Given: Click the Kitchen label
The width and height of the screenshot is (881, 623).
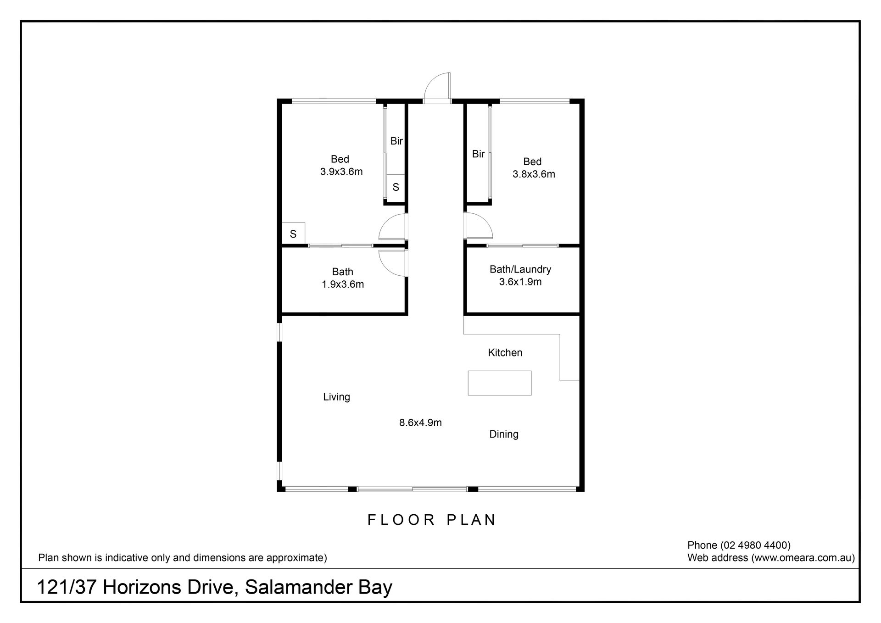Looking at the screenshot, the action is pyautogui.click(x=505, y=352).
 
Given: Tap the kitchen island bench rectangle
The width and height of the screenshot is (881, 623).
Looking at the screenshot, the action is pyautogui.click(x=499, y=383).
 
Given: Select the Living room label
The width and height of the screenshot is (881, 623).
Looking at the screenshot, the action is pyautogui.click(x=336, y=397).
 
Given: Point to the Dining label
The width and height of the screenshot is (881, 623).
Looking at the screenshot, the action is pyautogui.click(x=504, y=434).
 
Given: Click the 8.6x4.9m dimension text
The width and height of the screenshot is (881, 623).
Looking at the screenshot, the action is pyautogui.click(x=420, y=423).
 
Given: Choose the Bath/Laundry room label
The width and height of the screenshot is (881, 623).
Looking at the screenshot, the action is pyautogui.click(x=520, y=269).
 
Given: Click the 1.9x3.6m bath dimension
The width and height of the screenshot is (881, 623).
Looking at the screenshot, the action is pyautogui.click(x=343, y=284).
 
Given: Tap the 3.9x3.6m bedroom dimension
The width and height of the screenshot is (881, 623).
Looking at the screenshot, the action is pyautogui.click(x=341, y=172).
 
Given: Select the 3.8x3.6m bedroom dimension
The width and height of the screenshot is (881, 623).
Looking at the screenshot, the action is pyautogui.click(x=534, y=174).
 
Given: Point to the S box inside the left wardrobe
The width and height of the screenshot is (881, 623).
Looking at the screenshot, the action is pyautogui.click(x=396, y=187).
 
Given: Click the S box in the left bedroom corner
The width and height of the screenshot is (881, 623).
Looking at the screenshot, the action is pyautogui.click(x=293, y=234).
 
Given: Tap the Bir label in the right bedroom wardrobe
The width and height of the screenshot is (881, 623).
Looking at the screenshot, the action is pyautogui.click(x=478, y=154).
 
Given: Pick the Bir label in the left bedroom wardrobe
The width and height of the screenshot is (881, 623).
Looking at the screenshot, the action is pyautogui.click(x=396, y=141).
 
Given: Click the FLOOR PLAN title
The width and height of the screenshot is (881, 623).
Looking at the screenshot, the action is pyautogui.click(x=432, y=520).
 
